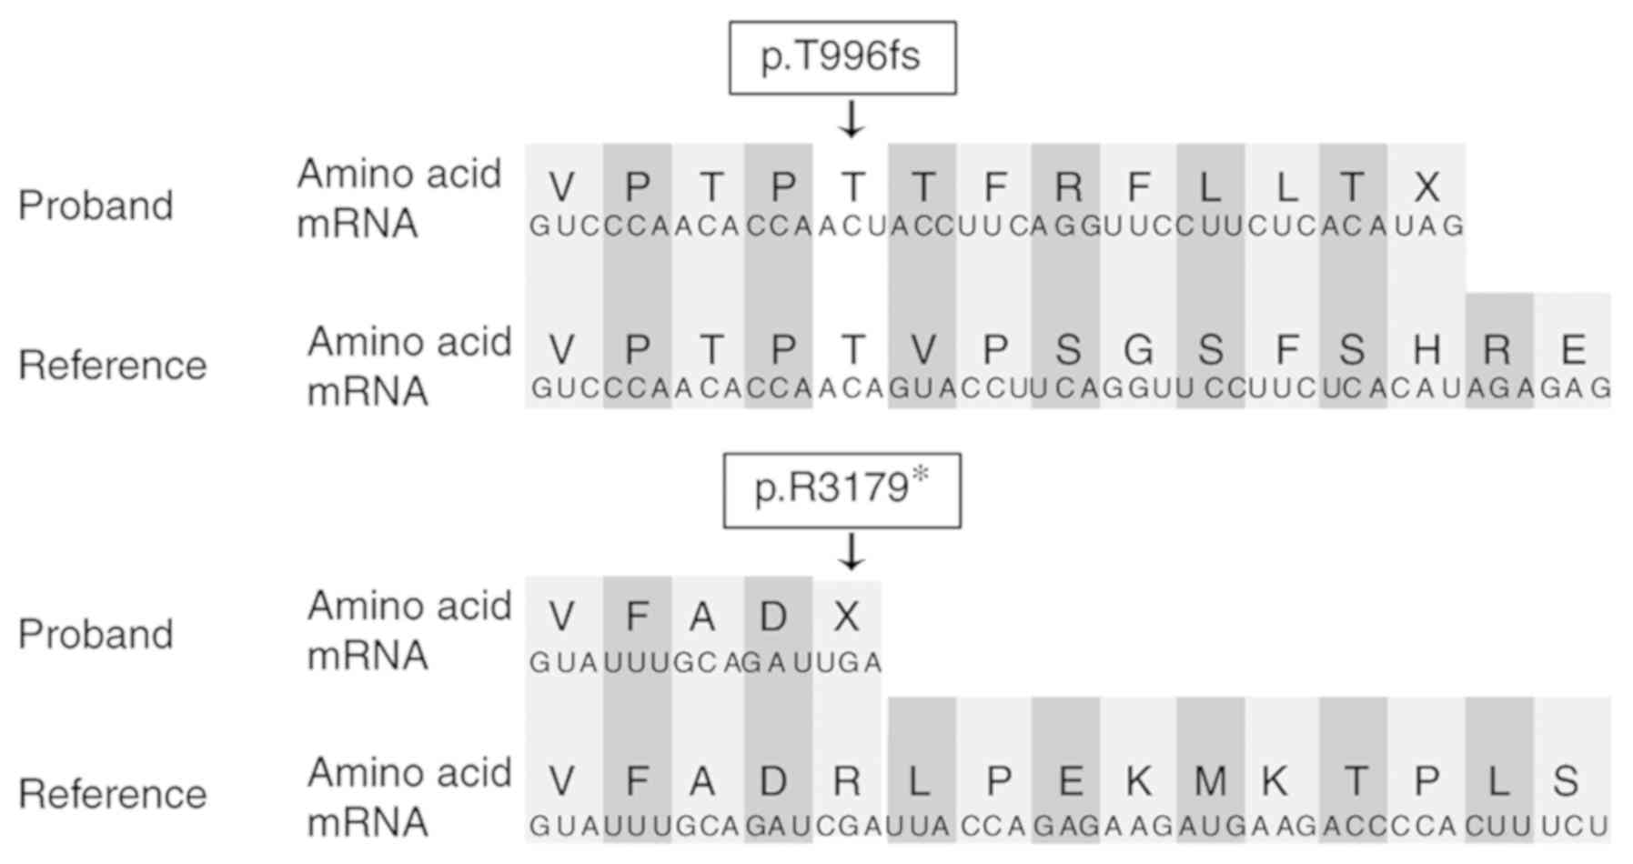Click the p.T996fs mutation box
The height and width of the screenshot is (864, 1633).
click(x=842, y=57)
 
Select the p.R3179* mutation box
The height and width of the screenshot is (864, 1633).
click(x=842, y=489)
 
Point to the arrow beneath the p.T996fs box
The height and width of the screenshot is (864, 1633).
click(x=851, y=119)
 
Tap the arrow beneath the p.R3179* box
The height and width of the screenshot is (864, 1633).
click(x=851, y=551)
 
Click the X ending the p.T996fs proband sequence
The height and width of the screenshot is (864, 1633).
click(x=1426, y=187)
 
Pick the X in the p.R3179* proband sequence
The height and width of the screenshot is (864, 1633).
click(x=846, y=618)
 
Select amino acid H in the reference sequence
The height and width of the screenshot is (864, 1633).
click(x=1426, y=349)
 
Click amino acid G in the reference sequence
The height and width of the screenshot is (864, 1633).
click(x=1138, y=349)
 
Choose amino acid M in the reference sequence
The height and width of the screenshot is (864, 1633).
click(x=1209, y=781)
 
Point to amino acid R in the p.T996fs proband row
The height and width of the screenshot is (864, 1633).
click(x=1067, y=187)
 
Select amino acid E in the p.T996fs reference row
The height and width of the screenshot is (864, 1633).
click(x=1572, y=349)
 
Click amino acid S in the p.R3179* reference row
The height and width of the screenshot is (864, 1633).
click(x=1565, y=781)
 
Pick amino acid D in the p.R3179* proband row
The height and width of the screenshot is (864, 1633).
click(x=774, y=618)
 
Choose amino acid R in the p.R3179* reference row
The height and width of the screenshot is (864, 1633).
click(x=846, y=781)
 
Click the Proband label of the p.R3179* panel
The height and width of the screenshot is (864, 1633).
click(x=96, y=634)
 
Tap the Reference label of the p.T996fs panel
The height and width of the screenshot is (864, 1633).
click(x=113, y=366)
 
